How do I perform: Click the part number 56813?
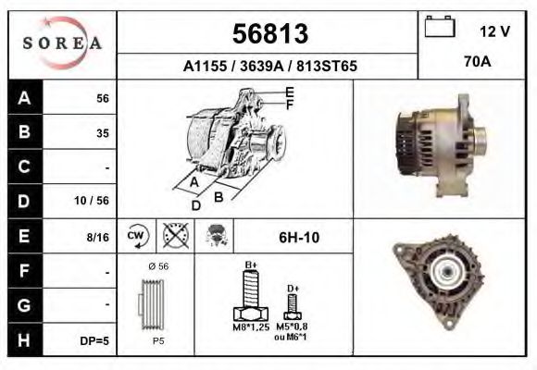[268, 33]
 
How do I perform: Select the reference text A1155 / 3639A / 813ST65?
[269, 66]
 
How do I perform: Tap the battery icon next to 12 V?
[437, 30]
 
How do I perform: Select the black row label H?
[23, 339]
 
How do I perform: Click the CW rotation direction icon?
[136, 237]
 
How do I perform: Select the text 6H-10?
[298, 238]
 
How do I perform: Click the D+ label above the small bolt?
[293, 290]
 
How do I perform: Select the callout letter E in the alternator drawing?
[290, 92]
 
